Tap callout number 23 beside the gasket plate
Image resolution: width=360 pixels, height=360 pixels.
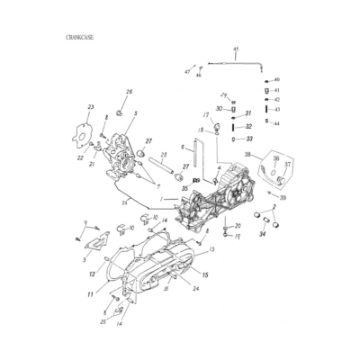click(x=90, y=108)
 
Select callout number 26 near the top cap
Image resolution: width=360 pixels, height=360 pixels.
click(x=129, y=92)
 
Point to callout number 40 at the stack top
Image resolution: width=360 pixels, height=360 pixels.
click(x=276, y=80)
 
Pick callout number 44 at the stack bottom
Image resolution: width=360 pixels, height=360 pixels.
click(x=276, y=122)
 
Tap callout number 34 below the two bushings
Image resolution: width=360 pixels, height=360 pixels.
click(x=263, y=235)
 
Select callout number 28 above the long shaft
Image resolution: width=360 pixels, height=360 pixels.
click(x=124, y=203)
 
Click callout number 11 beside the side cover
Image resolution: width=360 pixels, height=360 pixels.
click(x=90, y=294)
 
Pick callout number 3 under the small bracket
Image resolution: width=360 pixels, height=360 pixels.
click(x=85, y=259)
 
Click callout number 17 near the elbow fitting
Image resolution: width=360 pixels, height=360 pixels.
click(x=206, y=115)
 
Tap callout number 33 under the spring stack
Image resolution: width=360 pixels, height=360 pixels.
click(x=248, y=139)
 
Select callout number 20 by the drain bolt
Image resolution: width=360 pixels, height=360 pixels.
click(x=238, y=226)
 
